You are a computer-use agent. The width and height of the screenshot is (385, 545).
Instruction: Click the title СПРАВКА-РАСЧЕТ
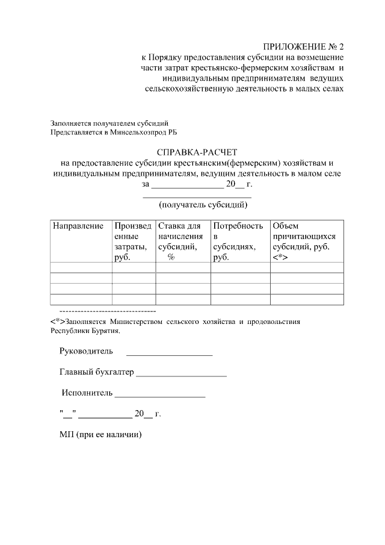pyautogui.click(x=197, y=152)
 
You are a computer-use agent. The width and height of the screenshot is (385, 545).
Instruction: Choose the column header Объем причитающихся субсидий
pyautogui.click(x=304, y=236)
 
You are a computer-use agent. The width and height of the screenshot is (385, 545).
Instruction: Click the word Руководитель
pyautogui.click(x=86, y=352)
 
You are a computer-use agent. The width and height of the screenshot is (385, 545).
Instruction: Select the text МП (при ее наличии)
pyautogui.click(x=100, y=434)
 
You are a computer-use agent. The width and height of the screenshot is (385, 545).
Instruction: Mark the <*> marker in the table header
pyautogui.click(x=280, y=257)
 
